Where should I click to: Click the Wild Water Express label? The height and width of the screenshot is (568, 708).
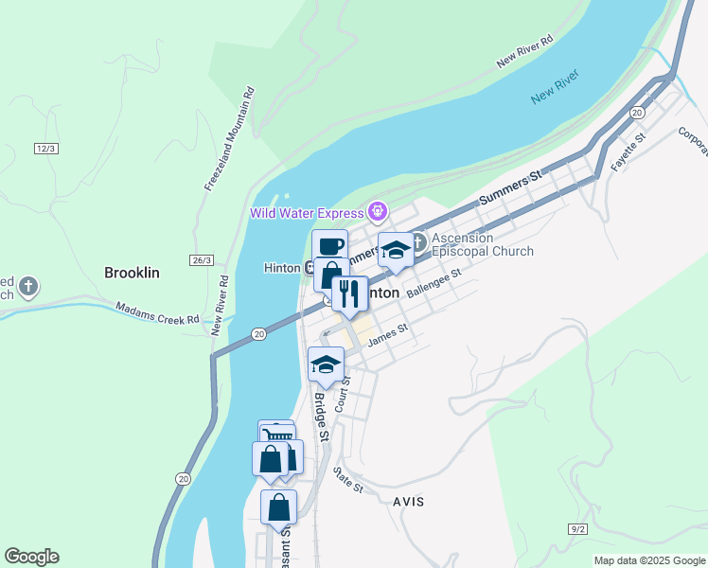click(x=308, y=212)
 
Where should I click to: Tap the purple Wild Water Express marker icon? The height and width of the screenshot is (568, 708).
click(x=379, y=210)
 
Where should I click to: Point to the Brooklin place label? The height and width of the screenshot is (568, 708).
click(x=132, y=273)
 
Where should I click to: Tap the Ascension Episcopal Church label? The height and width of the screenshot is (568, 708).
click(x=483, y=244)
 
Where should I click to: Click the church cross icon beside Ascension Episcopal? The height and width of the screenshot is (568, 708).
click(x=419, y=243)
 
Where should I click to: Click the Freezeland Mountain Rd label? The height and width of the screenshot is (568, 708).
click(x=229, y=139)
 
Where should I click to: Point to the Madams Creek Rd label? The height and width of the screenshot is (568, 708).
click(x=158, y=312)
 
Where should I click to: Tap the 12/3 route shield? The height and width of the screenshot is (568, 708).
click(x=46, y=149)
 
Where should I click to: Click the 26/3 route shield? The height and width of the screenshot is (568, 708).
click(x=202, y=259)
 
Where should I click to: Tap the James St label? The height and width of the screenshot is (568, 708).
click(x=387, y=334)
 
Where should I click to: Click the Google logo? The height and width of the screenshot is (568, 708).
click(x=31, y=557)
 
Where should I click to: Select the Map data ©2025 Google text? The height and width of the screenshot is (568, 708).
click(x=649, y=560)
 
